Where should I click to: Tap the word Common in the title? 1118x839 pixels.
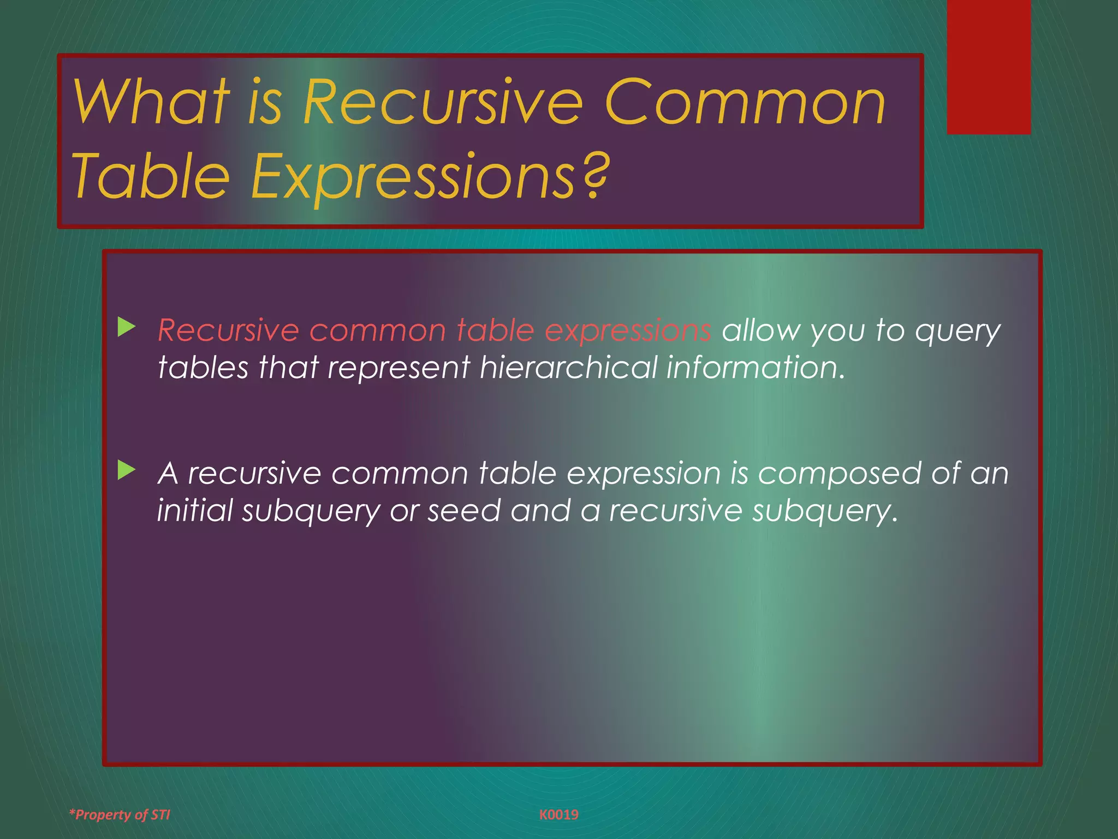click(x=745, y=102)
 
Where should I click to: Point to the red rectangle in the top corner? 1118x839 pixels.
click(x=989, y=67)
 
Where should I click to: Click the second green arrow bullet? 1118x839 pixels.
click(x=127, y=470)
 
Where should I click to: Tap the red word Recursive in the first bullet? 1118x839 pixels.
click(x=228, y=330)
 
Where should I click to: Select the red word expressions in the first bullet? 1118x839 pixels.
click(x=628, y=331)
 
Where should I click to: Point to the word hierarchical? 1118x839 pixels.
click(x=568, y=367)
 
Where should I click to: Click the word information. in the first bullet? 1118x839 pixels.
click(x=756, y=367)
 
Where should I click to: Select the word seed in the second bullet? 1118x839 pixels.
click(x=464, y=511)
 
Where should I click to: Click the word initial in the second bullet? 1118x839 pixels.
click(x=195, y=511)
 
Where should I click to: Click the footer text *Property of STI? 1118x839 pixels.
click(x=120, y=814)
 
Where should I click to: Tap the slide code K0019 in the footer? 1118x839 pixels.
click(x=558, y=814)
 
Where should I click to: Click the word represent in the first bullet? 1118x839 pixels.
click(x=399, y=368)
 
